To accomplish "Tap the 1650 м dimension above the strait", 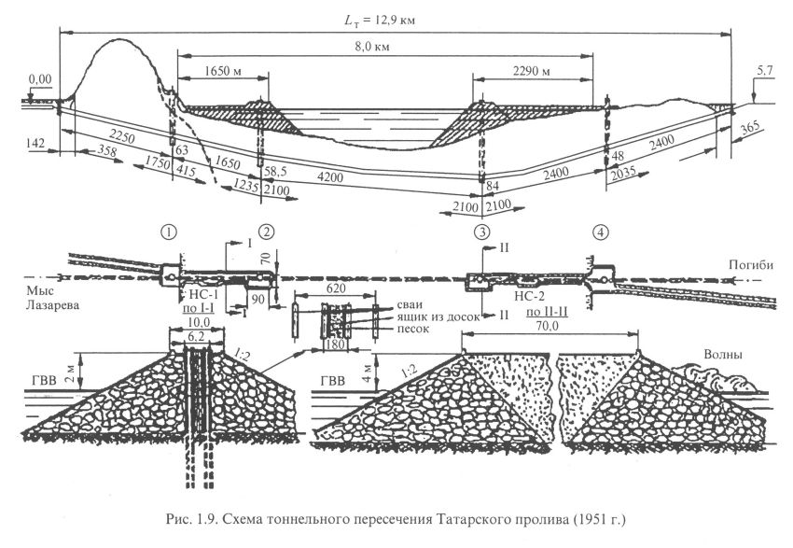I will pos(216,71).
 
